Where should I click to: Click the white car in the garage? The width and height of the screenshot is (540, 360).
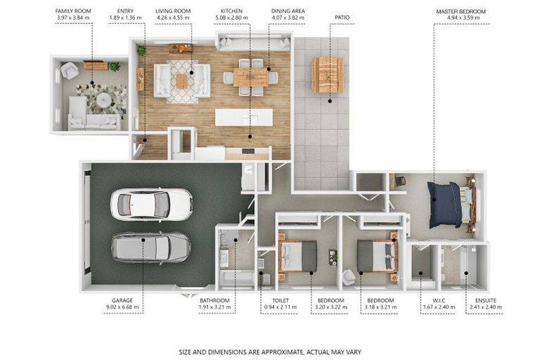pyautogui.click(x=152, y=204)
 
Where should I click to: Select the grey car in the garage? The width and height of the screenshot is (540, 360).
pyautogui.click(x=151, y=247)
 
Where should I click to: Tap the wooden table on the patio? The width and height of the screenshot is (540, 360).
pyautogui.click(x=328, y=75)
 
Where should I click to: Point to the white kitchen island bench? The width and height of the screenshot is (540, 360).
pyautogui.click(x=244, y=117)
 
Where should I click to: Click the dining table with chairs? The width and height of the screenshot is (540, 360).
pyautogui.click(x=251, y=77)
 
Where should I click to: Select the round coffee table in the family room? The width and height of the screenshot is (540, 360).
pyautogui.click(x=103, y=101)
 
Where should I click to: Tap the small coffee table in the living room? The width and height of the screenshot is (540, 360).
pyautogui.click(x=182, y=82)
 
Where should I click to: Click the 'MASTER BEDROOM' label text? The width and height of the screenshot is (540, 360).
pyautogui.click(x=461, y=11)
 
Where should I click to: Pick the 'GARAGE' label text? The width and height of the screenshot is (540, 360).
pyautogui.click(x=122, y=300)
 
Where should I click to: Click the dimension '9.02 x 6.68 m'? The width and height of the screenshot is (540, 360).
pyautogui.click(x=122, y=307)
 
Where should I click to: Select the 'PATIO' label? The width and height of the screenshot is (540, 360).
pyautogui.click(x=342, y=17)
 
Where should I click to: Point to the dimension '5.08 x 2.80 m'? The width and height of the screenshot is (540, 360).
pyautogui.click(x=231, y=18)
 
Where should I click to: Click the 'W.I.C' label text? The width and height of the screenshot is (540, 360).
pyautogui.click(x=439, y=300)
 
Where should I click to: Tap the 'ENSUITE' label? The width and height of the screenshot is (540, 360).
pyautogui.click(x=486, y=300)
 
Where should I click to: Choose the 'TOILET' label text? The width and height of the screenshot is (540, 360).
pyautogui.click(x=281, y=300)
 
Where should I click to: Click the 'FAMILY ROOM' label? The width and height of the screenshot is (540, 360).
pyautogui.click(x=73, y=11)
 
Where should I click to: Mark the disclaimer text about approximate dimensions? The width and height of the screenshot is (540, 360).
pyautogui.click(x=270, y=352)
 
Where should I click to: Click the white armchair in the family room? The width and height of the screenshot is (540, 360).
pyautogui.click(x=70, y=70)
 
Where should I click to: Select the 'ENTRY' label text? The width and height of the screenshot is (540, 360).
pyautogui.click(x=125, y=11)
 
